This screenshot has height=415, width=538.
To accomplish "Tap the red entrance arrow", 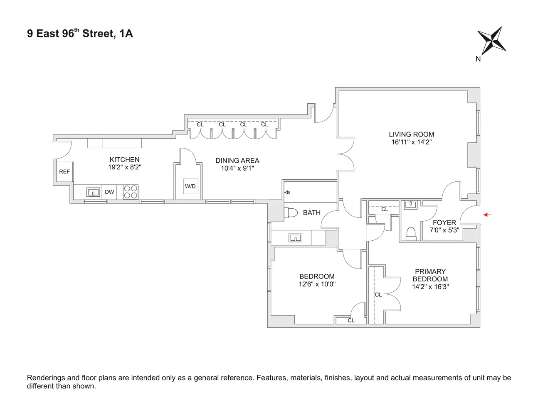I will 487,215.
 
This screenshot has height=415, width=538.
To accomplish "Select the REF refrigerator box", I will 64,171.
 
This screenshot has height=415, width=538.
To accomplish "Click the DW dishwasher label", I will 109,192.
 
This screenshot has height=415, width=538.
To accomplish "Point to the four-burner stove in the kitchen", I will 131,192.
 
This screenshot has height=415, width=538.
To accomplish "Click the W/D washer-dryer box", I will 190,186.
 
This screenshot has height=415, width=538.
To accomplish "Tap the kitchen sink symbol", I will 93,192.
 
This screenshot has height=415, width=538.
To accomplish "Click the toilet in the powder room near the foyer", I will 411,234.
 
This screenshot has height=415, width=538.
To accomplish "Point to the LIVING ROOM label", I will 411,134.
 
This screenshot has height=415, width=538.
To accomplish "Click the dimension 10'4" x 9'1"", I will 237,168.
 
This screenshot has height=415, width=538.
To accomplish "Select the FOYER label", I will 444,222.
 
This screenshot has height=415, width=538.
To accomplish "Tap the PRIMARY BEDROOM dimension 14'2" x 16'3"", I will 430,287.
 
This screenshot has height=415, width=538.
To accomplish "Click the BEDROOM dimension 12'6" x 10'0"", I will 317,284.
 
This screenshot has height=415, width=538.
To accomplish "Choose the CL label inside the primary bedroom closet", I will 378,295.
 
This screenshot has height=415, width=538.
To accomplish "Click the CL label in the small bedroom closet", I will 351,320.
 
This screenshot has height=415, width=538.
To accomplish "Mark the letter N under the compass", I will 478,59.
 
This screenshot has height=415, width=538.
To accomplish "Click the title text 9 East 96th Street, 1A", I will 80,34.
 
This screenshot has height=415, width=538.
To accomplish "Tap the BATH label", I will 311,212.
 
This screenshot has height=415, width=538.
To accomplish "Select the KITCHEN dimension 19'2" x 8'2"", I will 124,167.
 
